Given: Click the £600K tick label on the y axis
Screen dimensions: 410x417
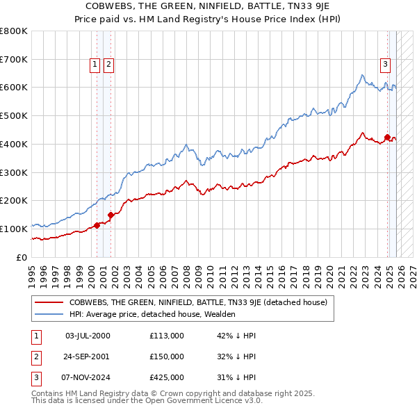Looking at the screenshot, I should [14, 88].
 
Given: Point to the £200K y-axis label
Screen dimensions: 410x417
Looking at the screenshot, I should [14, 200].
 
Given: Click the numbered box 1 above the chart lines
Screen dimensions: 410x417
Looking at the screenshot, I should [95, 65].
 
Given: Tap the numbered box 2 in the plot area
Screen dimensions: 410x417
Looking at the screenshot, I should [109, 65].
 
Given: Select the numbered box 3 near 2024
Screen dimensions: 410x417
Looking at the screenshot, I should [385, 65].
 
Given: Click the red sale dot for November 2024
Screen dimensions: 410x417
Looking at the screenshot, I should [387, 137].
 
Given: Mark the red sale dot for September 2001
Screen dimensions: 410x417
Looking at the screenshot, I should [111, 215].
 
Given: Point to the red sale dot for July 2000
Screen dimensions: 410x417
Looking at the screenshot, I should [97, 224].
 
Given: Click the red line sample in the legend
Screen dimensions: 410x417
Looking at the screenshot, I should [49, 302].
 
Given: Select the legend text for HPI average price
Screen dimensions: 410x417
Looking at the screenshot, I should [152, 314].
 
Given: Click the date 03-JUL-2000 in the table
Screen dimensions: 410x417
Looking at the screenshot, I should [88, 336].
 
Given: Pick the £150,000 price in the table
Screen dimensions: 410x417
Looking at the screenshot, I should [167, 356].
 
